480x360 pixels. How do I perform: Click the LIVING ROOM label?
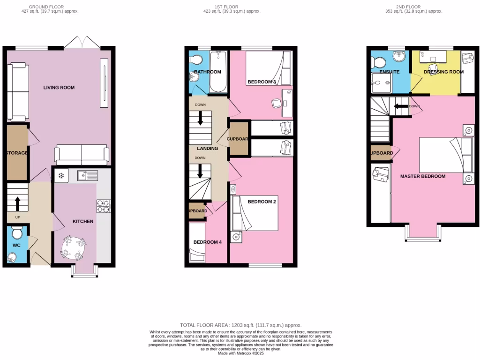click(x=59, y=88)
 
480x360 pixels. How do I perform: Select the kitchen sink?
click(x=88, y=176)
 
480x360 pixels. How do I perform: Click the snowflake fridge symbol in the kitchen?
click(x=60, y=176)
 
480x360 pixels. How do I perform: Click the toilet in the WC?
click(x=18, y=233)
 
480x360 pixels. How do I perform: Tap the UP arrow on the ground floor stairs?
click(x=18, y=203)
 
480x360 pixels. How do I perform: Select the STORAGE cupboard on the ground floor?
click(x=17, y=153)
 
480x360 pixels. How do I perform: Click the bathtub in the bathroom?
click(x=218, y=73)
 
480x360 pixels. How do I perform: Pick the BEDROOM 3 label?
click(x=262, y=82)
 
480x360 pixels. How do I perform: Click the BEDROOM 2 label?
click(x=262, y=202)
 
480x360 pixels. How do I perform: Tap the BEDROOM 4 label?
click(x=208, y=242)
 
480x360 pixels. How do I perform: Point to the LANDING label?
click(x=208, y=149)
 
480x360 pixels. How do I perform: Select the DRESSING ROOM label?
click(x=443, y=72)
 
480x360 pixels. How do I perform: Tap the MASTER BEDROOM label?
click(x=423, y=176)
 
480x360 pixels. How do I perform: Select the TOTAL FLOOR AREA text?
click(x=240, y=325)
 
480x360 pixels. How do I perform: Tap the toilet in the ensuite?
click(x=378, y=62)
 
